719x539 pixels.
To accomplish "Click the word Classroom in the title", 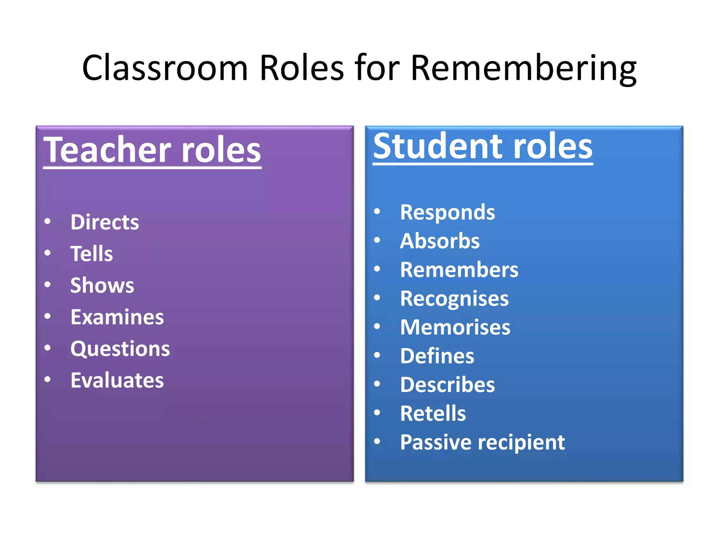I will click(x=165, y=68).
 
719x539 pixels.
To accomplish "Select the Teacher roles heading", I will click(x=152, y=150).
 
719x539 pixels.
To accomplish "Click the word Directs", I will click(x=105, y=222).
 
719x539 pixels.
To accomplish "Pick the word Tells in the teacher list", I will click(x=92, y=254).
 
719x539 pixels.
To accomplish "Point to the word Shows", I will click(x=102, y=285).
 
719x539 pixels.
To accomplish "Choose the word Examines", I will click(x=117, y=317).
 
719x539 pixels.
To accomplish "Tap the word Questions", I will click(x=120, y=349).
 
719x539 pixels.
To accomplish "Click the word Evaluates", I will click(x=117, y=380).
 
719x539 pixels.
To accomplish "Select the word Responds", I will click(x=448, y=213).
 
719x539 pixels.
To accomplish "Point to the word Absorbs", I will click(x=440, y=241).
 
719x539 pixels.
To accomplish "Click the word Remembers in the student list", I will click(x=459, y=270).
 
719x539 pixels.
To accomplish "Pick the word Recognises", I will click(x=454, y=299).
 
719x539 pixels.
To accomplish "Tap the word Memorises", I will click(x=455, y=327).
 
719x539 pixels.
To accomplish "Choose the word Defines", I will click(x=437, y=356).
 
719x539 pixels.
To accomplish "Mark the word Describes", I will click(x=448, y=385).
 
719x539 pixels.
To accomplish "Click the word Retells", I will click(x=433, y=414).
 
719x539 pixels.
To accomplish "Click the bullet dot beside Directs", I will click(x=48, y=221).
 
